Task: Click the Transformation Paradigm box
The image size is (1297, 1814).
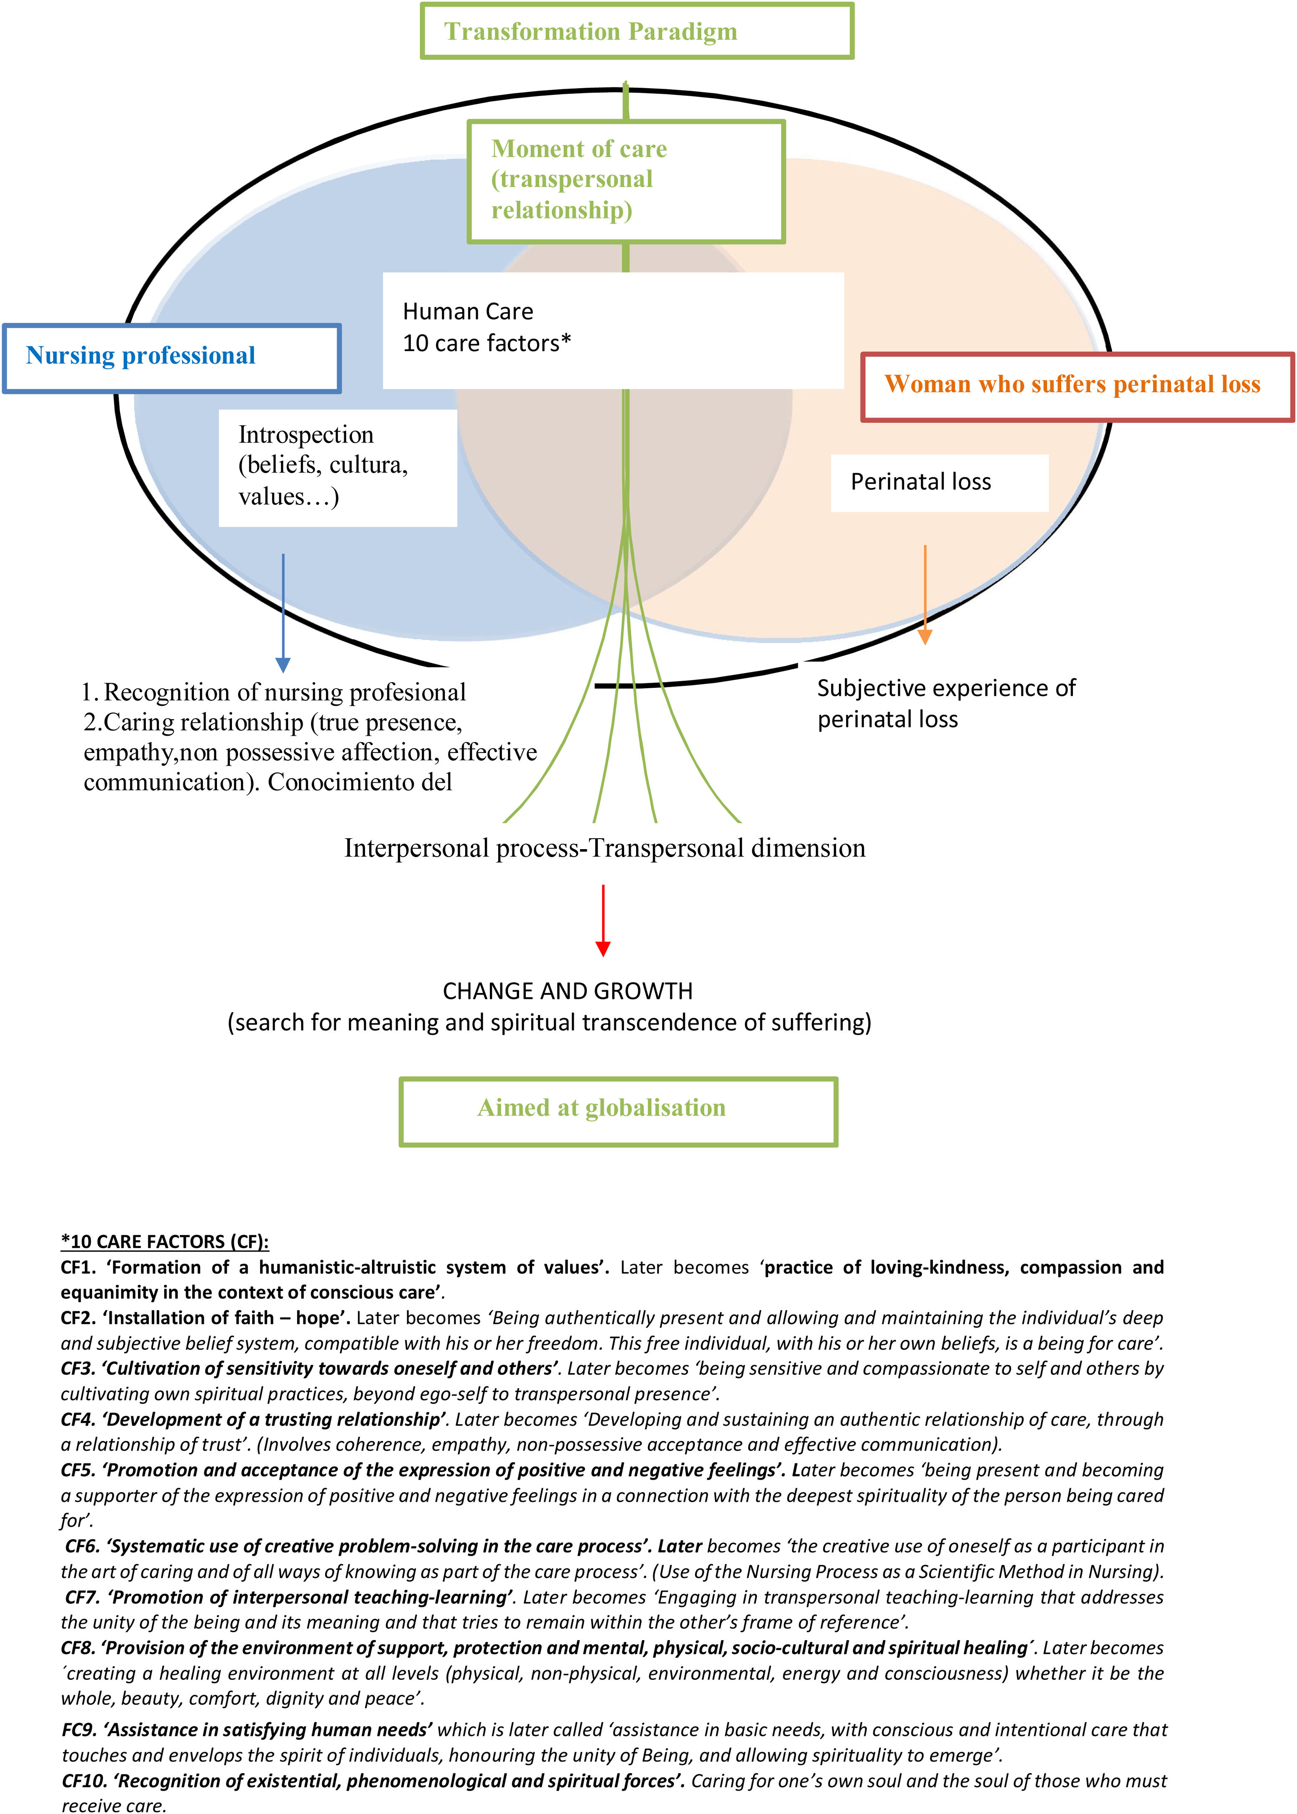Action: pos(637,31)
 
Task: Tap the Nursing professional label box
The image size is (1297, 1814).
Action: pos(172,358)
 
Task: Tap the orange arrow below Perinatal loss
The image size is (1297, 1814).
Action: pos(925,595)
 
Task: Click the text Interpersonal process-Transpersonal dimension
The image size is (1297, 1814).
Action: pos(604,848)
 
